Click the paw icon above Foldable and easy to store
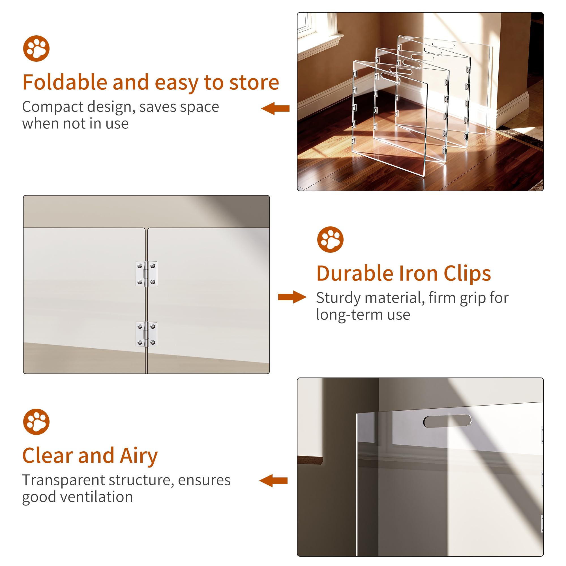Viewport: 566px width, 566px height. coord(36,49)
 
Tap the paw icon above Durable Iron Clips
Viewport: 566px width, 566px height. coord(330,239)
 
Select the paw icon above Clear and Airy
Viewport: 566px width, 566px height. coord(36,422)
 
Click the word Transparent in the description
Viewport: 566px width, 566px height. coord(64,480)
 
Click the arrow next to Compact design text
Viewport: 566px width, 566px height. coord(275,108)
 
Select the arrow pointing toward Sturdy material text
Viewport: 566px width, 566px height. coord(292,297)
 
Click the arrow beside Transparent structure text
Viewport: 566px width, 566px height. coord(273,481)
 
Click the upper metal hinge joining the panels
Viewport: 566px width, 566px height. coord(146,274)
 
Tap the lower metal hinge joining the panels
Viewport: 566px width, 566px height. coord(146,334)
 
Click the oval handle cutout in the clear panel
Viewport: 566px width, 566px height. coord(447,421)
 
